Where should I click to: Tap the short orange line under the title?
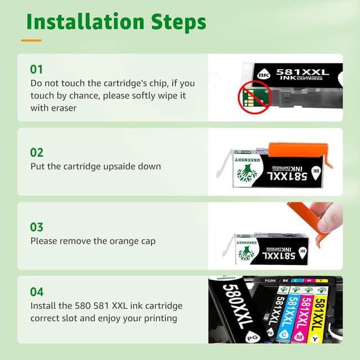pos(31,40)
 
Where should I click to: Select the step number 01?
pos(37,69)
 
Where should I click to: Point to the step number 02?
pos(37,152)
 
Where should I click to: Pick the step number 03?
pos(37,227)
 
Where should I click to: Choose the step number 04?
pos(37,292)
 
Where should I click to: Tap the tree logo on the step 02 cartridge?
pos(247,172)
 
